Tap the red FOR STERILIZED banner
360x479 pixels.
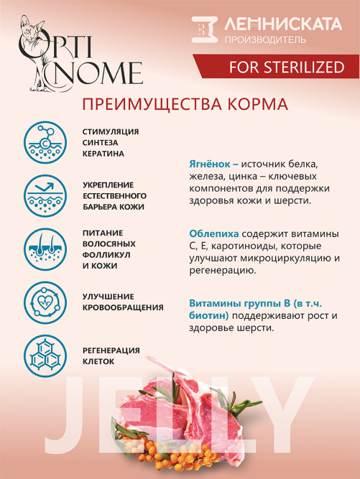click(276, 68)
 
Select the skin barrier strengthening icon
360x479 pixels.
click(45, 195)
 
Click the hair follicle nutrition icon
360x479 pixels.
click(45, 248)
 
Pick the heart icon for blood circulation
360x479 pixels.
click(45, 301)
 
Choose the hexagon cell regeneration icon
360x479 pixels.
click(45, 353)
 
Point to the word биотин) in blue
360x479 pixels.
click(210, 315)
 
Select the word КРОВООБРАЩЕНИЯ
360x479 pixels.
click(123, 307)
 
